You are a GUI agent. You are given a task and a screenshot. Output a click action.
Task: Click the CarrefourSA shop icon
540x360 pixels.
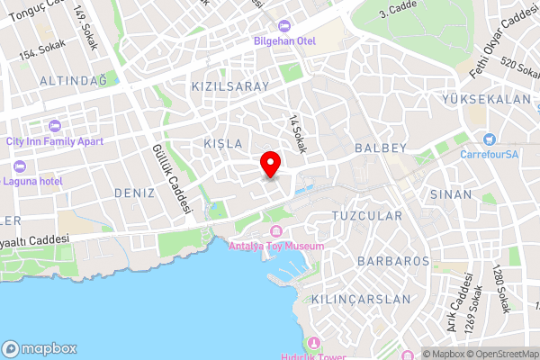490,139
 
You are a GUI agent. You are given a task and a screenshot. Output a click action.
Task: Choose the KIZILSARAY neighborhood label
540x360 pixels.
230,86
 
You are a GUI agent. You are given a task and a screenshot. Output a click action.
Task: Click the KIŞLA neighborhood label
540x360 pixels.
223,144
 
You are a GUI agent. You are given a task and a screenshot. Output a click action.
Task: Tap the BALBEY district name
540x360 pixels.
382,147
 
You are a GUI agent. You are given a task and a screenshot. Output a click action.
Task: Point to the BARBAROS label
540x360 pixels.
392,261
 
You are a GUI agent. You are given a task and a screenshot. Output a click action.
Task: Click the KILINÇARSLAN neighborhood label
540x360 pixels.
360,298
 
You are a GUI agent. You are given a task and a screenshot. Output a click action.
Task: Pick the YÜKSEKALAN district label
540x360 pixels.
487,99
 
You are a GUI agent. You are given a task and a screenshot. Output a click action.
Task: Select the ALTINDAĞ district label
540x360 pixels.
73,81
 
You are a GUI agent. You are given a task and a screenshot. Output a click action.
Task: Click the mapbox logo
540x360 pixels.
40,348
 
